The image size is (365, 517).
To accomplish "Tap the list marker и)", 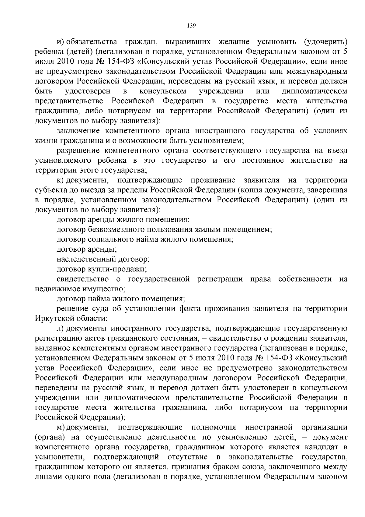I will coord(61,42).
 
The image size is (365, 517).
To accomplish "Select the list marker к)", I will coord(61,180).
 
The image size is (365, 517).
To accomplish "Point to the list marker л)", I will coord(61,328).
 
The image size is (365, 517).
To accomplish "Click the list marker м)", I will coord(61,427).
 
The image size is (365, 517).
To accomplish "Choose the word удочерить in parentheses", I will coord(325,42).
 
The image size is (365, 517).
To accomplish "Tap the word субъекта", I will coord(50,190).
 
